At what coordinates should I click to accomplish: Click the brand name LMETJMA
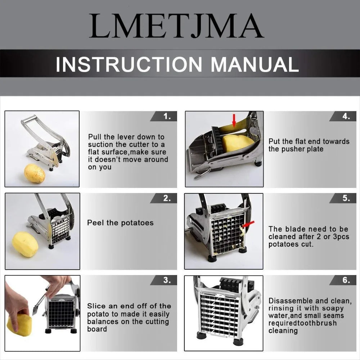point(176,26)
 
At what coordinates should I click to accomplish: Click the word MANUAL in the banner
point(255,64)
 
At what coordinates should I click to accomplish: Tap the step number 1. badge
point(163,116)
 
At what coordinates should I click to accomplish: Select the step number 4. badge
point(343,116)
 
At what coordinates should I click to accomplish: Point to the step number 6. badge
point(343,280)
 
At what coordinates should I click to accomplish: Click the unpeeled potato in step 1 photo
point(35,173)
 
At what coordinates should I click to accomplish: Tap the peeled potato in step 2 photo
point(25,244)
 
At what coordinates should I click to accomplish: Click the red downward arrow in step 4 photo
point(234,121)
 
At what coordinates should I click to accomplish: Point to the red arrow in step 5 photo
point(248,224)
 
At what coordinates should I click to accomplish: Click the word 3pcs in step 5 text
point(340,237)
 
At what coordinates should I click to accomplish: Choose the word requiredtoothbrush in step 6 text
point(302,323)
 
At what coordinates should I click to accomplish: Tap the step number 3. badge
point(163,280)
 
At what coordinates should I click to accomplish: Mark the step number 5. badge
point(343,198)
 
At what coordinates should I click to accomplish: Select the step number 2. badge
point(163,198)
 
